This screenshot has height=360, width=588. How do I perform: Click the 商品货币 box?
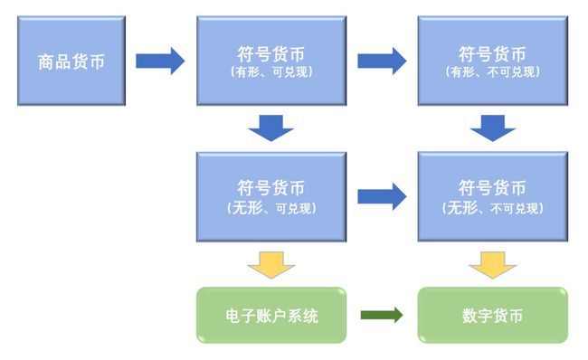pyautogui.click(x=71, y=61)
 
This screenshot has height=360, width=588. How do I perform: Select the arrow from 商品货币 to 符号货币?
pyautogui.click(x=160, y=61)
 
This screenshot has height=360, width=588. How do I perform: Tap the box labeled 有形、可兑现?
pyautogui.click(x=271, y=61)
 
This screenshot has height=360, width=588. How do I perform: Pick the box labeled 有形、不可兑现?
pyautogui.click(x=492, y=61)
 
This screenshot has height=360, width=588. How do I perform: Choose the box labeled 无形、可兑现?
pyautogui.click(x=271, y=196)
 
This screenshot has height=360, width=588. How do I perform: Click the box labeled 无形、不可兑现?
pyautogui.click(x=492, y=196)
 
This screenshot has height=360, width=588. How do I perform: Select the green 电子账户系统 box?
pyautogui.click(x=271, y=316)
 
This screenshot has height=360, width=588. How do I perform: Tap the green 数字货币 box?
pyautogui.click(x=492, y=316)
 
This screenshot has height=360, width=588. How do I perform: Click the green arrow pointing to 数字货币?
pyautogui.click(x=382, y=316)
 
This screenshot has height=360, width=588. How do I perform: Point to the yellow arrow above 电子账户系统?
pyautogui.click(x=271, y=264)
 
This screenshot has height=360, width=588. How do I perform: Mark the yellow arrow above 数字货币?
pyautogui.click(x=492, y=264)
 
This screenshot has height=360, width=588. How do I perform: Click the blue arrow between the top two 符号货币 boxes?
pyautogui.click(x=382, y=61)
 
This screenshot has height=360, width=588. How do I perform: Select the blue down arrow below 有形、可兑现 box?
pyautogui.click(x=271, y=128)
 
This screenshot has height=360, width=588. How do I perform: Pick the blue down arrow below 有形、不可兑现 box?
pyautogui.click(x=492, y=128)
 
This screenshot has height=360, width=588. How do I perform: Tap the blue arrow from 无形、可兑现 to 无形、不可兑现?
pyautogui.click(x=382, y=196)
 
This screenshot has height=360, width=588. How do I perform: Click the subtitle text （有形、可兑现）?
pyautogui.click(x=271, y=72)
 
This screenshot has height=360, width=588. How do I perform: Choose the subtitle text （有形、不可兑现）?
pyautogui.click(x=492, y=72)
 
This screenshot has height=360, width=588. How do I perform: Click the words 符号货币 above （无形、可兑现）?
pyautogui.click(x=271, y=188)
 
